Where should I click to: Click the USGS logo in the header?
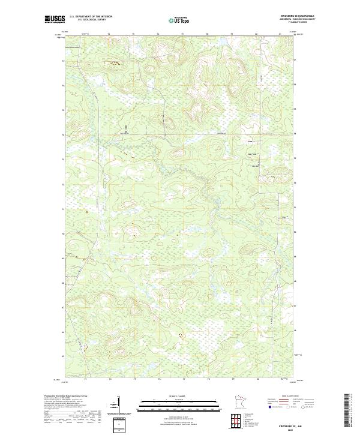click(x=55, y=19)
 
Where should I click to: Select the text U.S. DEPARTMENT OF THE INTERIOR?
click(x=91, y=16)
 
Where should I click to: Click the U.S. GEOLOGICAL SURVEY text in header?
click(x=91, y=20)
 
